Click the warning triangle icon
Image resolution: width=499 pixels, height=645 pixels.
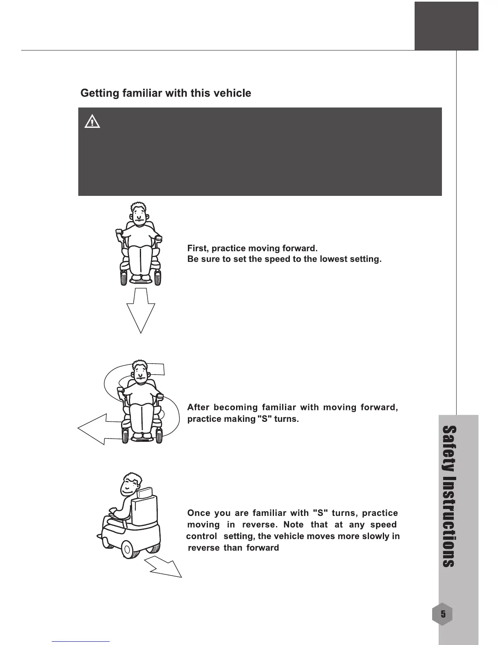(92, 122)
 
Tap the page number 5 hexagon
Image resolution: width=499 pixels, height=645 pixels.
(443, 613)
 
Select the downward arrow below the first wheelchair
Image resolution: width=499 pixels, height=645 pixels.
(141, 312)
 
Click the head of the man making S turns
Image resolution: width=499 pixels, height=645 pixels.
(139, 371)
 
